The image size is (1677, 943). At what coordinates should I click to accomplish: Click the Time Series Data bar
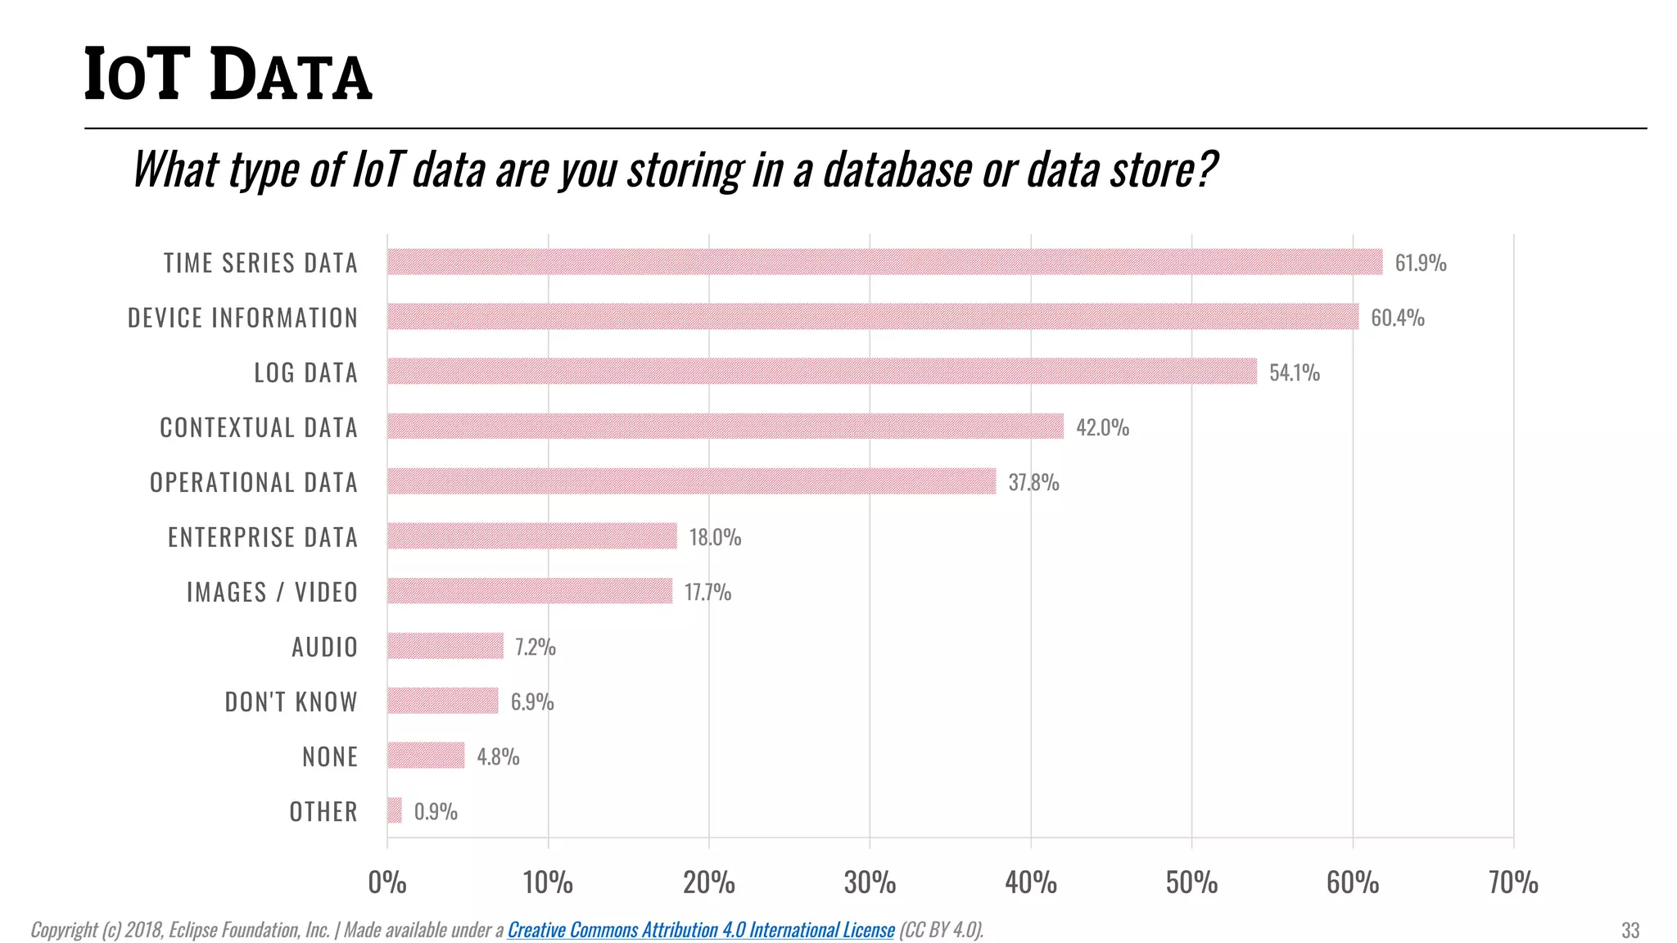[x=884, y=262]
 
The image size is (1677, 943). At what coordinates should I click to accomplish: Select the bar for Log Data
[x=821, y=372]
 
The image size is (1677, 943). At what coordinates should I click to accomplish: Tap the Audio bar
[x=445, y=646]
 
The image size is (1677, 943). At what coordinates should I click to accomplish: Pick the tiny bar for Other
[x=395, y=810]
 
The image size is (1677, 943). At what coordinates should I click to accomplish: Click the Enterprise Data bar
[x=532, y=536]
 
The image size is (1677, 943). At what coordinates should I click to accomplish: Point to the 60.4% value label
[x=1397, y=318]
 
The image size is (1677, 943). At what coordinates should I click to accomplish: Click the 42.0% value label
[x=1102, y=427]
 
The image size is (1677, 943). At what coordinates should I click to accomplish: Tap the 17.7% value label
[x=707, y=592]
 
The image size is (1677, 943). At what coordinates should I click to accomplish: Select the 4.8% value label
[x=498, y=756]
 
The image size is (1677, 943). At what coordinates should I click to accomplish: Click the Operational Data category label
[x=254, y=482]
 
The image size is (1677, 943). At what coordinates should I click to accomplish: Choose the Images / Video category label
[x=272, y=592]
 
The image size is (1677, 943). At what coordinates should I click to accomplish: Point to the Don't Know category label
[x=291, y=702]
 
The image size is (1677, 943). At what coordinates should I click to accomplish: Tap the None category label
[x=330, y=756]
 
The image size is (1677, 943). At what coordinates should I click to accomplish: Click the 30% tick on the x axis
[x=870, y=882]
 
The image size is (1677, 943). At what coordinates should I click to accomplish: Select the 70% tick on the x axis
[x=1513, y=882]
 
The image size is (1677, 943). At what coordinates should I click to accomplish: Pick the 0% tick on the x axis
[x=387, y=882]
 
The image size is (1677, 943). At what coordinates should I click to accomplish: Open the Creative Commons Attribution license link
[x=701, y=930]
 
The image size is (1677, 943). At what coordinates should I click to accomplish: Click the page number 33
[x=1630, y=931]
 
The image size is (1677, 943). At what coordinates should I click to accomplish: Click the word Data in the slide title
[x=292, y=75]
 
